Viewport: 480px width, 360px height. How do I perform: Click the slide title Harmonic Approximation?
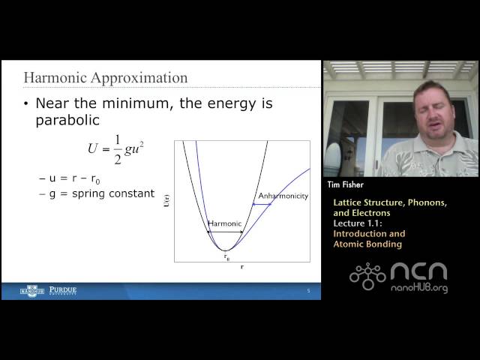[x=106, y=78]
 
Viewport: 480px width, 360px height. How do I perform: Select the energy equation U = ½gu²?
[x=115, y=148]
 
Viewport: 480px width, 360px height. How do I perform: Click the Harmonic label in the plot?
[x=224, y=223]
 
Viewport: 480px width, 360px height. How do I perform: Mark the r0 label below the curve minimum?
[x=226, y=256]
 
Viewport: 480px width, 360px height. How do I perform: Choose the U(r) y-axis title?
[x=166, y=200]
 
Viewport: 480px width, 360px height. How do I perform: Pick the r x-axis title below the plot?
[x=241, y=268]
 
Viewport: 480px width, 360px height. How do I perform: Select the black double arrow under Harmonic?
[x=225, y=232]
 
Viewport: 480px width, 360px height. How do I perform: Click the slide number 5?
[x=308, y=291]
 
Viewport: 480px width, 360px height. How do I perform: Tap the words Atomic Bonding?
[x=367, y=244]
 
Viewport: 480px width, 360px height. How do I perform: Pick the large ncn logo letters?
[x=418, y=271]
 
